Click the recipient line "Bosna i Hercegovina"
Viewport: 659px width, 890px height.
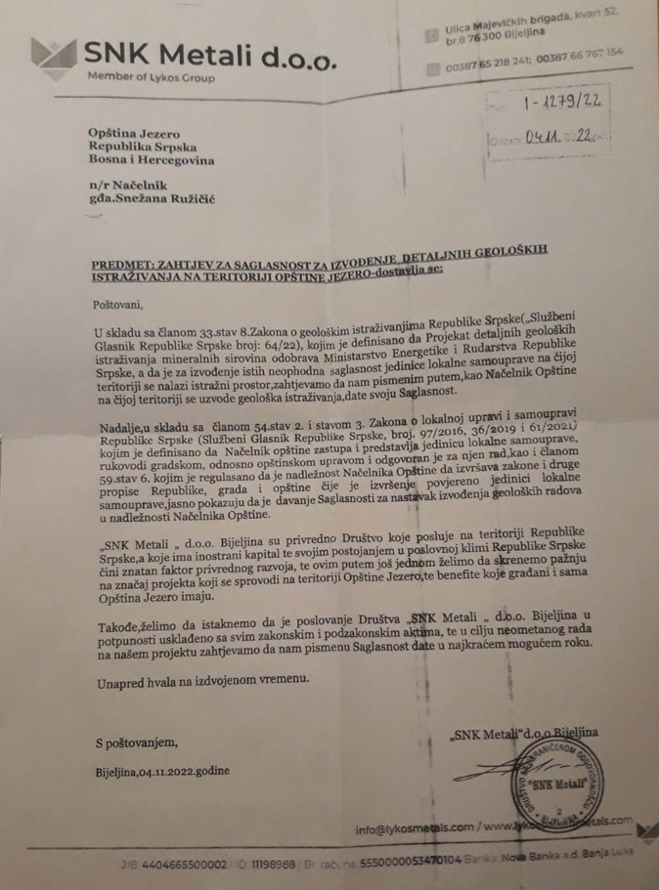pos(151,159)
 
